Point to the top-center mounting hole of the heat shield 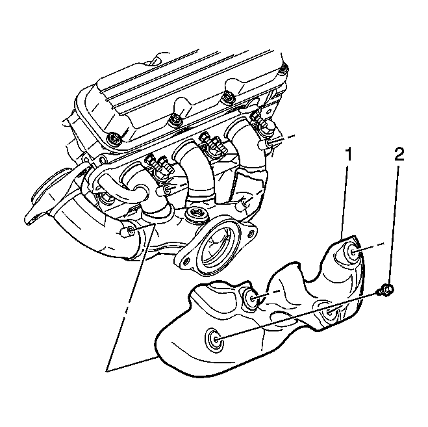(x=250, y=298)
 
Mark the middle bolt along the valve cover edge (x=174, y=120)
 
